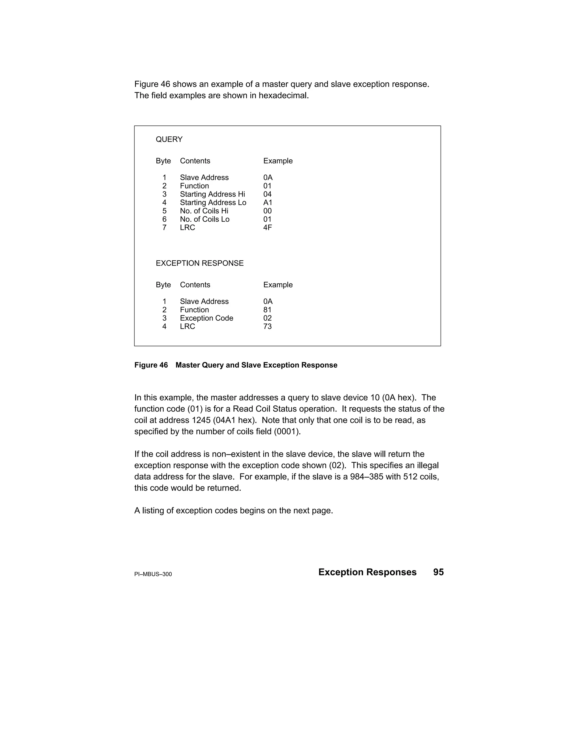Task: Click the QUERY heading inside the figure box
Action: coord(169,140)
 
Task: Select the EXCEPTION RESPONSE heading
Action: coord(199,263)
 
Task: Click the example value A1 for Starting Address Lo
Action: coord(268,203)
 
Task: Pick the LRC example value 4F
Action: coord(267,228)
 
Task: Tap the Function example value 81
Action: coord(267,310)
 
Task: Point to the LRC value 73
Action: coord(267,327)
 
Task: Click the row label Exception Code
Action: coord(206,318)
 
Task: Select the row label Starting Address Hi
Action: coord(212,194)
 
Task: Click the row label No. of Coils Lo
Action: coord(204,219)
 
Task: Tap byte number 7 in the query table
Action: coord(164,228)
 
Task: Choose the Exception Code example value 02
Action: coord(267,318)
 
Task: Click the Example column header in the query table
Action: coord(278,161)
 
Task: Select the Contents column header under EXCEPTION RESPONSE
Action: coord(195,285)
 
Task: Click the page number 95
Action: coord(438,572)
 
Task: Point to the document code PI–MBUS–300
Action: coord(153,574)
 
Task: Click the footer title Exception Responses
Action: coord(367,572)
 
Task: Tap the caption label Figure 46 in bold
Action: coord(151,365)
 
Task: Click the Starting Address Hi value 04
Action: coord(267,194)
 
